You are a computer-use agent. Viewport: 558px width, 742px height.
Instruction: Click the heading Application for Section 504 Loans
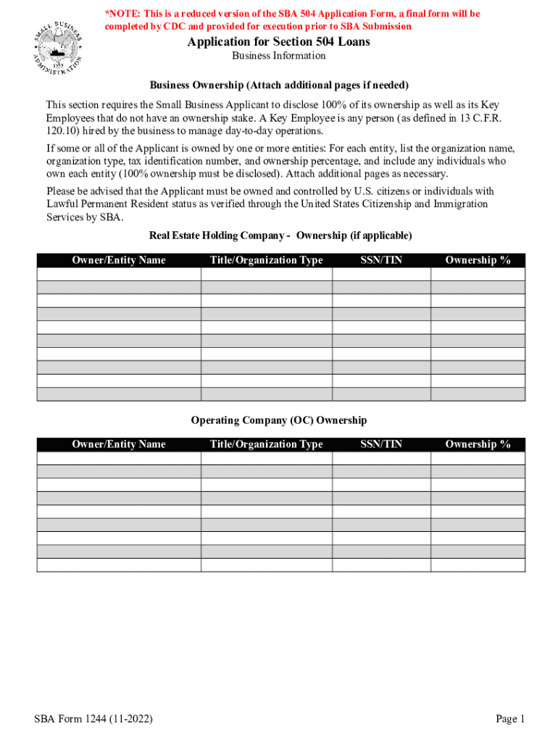(x=278, y=42)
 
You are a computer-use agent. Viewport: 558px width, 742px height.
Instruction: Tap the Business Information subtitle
(x=278, y=56)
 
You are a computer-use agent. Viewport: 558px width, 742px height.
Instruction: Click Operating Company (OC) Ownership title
(x=279, y=420)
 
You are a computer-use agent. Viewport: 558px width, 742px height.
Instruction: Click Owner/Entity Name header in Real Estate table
(x=119, y=260)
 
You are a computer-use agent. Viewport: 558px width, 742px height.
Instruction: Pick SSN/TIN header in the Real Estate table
(x=381, y=260)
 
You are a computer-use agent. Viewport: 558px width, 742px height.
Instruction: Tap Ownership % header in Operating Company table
(x=478, y=444)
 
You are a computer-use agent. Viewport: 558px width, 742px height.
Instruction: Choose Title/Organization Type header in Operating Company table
(x=267, y=444)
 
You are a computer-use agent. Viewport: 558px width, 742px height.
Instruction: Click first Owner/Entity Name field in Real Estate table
(x=119, y=275)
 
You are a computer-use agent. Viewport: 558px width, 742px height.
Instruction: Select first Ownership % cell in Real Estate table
(x=478, y=275)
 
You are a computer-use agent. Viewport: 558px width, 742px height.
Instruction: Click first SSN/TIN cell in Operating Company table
(x=381, y=458)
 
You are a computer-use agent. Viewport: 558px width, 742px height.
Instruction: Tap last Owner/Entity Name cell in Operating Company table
(x=119, y=565)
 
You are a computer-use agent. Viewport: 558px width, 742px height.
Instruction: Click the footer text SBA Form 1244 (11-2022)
(x=93, y=719)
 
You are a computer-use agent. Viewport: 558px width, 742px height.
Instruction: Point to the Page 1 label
(x=510, y=719)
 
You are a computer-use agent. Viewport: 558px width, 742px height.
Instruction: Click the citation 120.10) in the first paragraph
(x=62, y=131)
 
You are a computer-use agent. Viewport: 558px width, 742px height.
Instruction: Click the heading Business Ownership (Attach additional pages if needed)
(x=279, y=85)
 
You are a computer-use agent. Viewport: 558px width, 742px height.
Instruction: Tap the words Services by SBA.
(x=85, y=217)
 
